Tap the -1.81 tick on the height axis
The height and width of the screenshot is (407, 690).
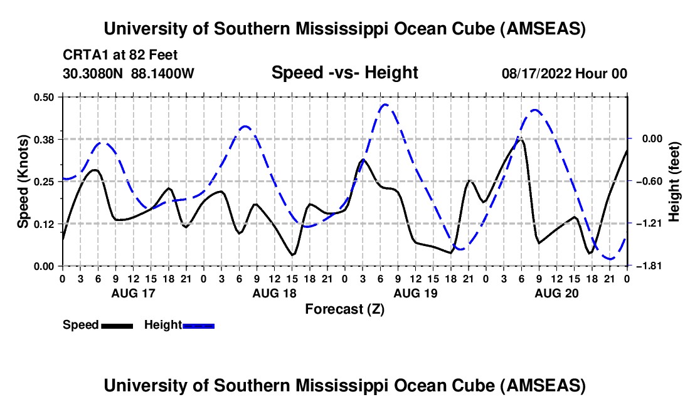645,266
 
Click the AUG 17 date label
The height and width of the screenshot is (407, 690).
133,292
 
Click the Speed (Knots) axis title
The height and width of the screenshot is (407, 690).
23,181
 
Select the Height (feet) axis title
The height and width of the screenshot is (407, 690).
674,181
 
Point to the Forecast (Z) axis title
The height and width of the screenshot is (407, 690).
344,309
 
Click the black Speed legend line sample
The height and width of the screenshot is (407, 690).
117,326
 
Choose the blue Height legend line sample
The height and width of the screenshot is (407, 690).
198,326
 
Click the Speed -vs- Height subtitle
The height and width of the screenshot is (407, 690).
344,73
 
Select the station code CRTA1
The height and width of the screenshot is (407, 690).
82,55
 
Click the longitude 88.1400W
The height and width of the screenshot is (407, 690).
163,74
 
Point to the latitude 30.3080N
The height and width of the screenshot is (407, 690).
93,74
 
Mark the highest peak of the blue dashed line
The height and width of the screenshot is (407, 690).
385,105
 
